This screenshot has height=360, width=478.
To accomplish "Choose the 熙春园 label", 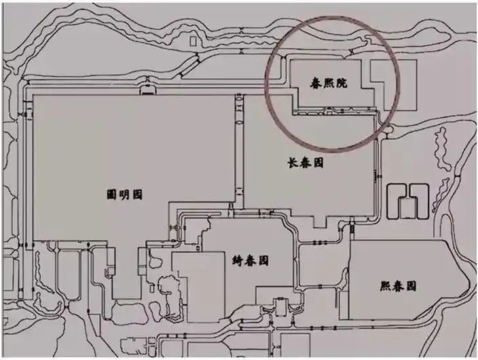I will (x=398, y=286).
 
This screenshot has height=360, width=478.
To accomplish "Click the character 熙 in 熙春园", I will (x=385, y=286).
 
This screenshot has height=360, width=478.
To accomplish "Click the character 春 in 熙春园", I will (x=398, y=286).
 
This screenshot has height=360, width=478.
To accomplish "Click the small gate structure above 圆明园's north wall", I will (x=147, y=89).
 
